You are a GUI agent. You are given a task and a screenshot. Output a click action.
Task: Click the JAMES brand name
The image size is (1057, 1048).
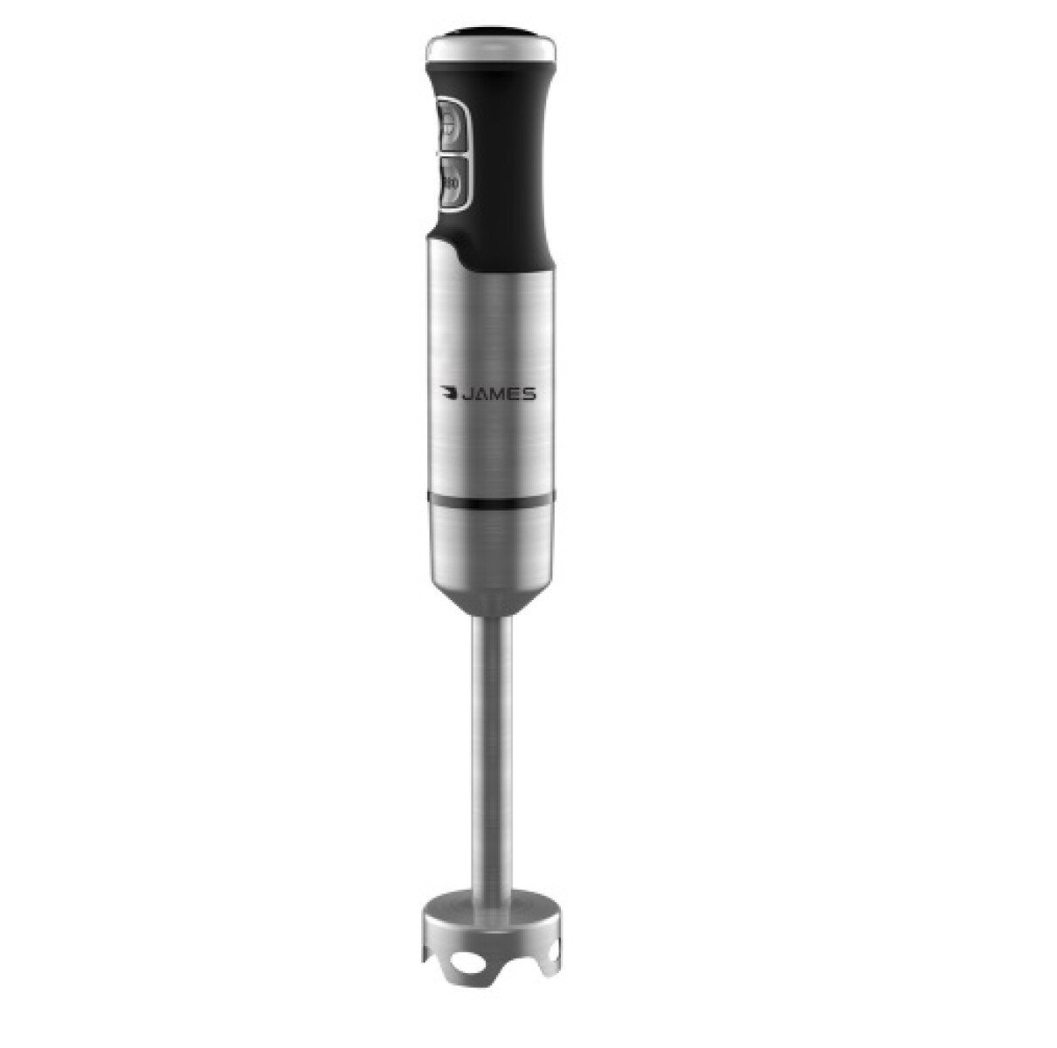click(x=501, y=395)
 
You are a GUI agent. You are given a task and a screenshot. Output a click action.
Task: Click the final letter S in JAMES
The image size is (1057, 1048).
click(x=529, y=395)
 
